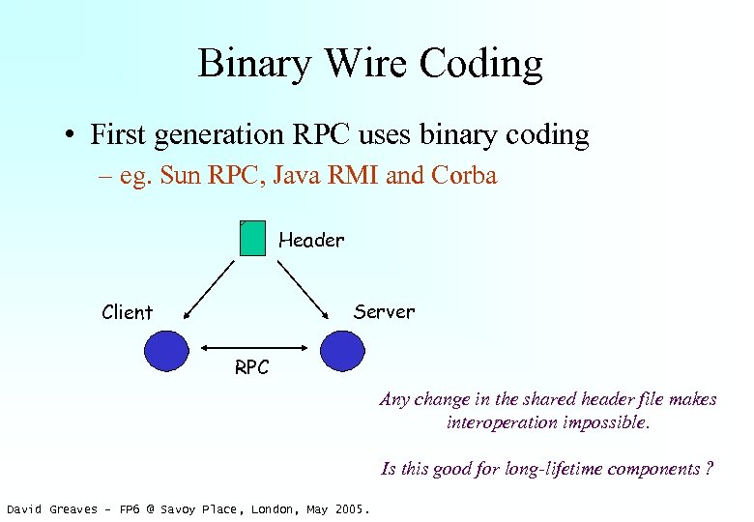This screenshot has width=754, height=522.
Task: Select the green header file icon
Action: [x=252, y=238]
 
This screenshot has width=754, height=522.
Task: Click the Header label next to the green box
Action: [x=311, y=239]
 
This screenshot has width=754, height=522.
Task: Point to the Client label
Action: [x=128, y=312]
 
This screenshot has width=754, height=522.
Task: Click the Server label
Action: [x=384, y=311]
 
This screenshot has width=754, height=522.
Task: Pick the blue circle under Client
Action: [x=166, y=350]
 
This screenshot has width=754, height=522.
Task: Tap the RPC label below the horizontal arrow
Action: [x=252, y=367]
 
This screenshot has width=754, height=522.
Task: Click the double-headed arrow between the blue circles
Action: [x=253, y=348]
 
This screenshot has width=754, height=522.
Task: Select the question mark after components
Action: [x=710, y=469]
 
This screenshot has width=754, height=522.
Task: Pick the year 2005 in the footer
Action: [x=349, y=509]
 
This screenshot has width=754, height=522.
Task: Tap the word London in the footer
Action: [x=274, y=509]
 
